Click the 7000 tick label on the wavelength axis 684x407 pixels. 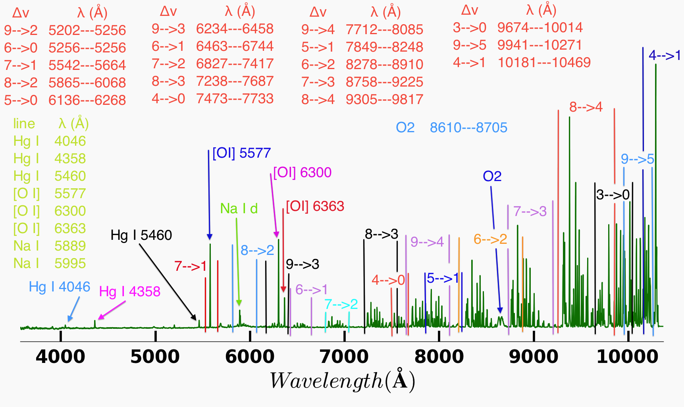(344, 356)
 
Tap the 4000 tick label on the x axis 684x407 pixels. (60, 356)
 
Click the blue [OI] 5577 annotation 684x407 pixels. (241, 153)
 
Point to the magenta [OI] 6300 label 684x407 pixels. (302, 172)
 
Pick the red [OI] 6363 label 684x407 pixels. (315, 206)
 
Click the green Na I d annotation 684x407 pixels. (239, 208)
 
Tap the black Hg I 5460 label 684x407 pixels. (141, 235)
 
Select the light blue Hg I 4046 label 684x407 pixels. (60, 287)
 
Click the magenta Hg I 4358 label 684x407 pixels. (130, 291)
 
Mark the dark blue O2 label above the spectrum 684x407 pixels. (492, 176)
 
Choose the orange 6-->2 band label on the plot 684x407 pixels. (490, 239)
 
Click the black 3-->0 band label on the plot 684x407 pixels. (613, 195)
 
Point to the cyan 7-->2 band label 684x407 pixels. (341, 304)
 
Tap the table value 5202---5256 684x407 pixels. (87, 30)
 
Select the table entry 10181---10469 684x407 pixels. (544, 62)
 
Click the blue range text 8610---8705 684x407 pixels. (468, 127)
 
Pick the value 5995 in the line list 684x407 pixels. (70, 263)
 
